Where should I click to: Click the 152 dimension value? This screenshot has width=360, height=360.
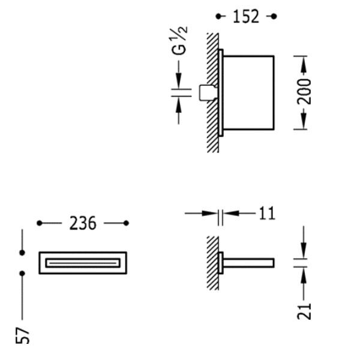246,17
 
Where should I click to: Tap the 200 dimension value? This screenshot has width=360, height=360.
304,92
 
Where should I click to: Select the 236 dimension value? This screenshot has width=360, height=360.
83,223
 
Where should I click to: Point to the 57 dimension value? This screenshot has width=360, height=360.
23,335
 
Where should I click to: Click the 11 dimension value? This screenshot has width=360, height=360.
267,214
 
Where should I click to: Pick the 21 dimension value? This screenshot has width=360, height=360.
304,311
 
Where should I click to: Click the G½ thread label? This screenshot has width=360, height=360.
179,41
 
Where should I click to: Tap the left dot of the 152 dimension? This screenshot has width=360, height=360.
218,16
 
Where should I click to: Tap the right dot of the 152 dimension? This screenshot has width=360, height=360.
274,16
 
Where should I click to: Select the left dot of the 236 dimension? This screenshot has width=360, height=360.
40,223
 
